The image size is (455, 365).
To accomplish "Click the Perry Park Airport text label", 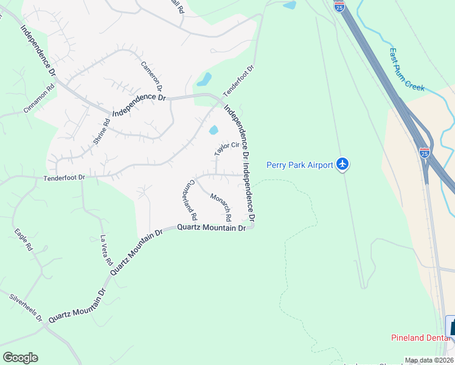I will [x=300, y=165].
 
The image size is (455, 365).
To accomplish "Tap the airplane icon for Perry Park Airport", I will [x=343, y=164].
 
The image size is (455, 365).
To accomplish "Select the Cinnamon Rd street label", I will [x=39, y=98].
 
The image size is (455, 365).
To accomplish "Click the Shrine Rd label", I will [x=101, y=131].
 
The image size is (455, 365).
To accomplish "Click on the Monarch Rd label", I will [x=220, y=207].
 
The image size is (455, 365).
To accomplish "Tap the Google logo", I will [x=20, y=358].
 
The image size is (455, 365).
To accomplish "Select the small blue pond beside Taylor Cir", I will [x=214, y=130].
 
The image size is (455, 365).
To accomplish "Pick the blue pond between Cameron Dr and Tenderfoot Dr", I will [x=204, y=79].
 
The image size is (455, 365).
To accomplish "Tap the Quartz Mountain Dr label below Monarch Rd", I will [x=211, y=228].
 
